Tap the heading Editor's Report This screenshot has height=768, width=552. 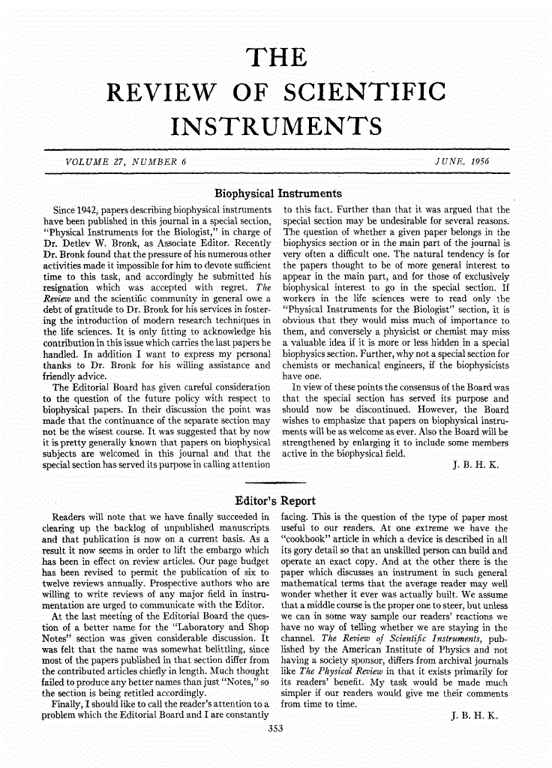pyautogui.click(x=275, y=501)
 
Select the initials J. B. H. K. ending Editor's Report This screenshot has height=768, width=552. pyautogui.click(x=475, y=717)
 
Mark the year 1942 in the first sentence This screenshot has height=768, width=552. pyautogui.click(x=83, y=210)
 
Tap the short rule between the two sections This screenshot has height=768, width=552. pyautogui.click(x=276, y=482)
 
